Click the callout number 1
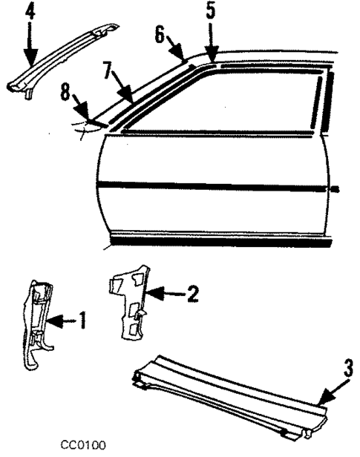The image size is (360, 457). click(x=82, y=321)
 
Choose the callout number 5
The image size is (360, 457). click(x=211, y=11)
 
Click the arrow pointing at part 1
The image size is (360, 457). click(x=65, y=321)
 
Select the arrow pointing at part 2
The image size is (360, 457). click(x=168, y=294)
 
